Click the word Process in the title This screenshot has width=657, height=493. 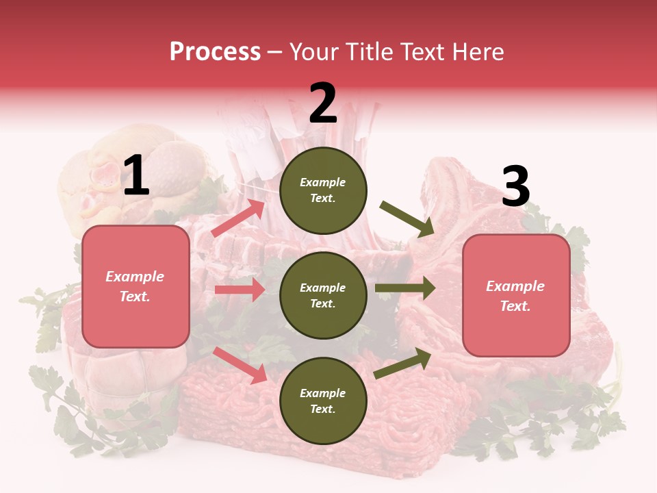point(215,52)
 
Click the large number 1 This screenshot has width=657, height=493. point(136,176)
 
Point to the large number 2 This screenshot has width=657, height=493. point(323,103)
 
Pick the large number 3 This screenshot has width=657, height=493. point(515,187)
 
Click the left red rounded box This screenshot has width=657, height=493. point(136,286)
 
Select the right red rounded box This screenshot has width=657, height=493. point(516,296)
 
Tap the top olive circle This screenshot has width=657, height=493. point(323,190)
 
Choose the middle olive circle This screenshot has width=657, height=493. point(323,295)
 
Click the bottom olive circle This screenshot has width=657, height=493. point(323,401)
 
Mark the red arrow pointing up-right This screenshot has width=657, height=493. point(238,218)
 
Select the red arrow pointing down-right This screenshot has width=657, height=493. point(240,365)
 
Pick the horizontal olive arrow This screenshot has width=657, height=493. point(405,288)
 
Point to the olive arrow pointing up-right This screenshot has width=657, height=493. point(403,363)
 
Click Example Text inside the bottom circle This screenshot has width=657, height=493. point(323,401)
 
